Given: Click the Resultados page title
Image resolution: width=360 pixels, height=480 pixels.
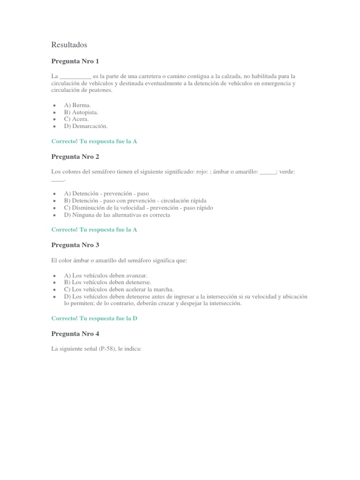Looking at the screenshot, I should pos(69,45).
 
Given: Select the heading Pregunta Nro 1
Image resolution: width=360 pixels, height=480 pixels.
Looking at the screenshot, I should pos(75,61).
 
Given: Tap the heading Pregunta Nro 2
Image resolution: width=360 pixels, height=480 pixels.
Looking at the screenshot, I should pos(75,157).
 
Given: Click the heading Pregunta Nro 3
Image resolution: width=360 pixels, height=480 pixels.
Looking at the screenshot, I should pos(75,245).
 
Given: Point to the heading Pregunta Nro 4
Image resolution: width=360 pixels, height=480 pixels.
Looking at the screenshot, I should pos(75,334).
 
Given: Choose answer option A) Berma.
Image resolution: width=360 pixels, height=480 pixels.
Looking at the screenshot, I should pos(78,105).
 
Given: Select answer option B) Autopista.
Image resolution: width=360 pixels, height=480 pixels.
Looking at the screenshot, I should pos(81,112).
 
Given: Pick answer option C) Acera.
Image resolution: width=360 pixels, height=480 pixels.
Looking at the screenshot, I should pos(76,119).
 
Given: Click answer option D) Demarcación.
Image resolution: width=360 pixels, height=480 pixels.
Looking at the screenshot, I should pos(86,126).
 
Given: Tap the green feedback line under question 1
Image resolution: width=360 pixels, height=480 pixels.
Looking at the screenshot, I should pos(94,141).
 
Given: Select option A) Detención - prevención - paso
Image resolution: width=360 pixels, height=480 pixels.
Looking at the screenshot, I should pos(106,194).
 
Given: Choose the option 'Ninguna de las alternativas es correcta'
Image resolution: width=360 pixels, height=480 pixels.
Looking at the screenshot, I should pos(117,215).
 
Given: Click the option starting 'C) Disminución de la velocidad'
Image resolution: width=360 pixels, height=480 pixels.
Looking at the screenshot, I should pos(138,208).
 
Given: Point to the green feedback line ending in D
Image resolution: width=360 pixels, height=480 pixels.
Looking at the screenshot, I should pos(94,318).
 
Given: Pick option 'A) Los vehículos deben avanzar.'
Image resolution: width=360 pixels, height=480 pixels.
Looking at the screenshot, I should pos(106,276).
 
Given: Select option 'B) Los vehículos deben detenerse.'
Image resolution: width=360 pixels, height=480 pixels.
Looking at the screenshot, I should pos(107,283).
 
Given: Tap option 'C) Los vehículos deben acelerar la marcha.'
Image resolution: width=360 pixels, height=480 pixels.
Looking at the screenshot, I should pos(119,289).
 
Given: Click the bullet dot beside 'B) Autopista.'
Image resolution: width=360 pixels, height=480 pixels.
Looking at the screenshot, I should pos(55,112).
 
